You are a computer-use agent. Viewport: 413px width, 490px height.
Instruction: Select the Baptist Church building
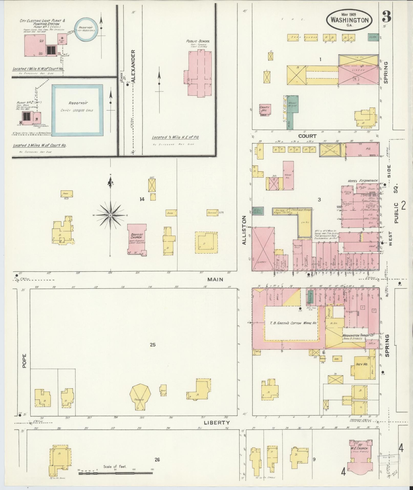click(x=137, y=239)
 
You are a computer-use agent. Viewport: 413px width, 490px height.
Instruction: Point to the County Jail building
click(x=265, y=110)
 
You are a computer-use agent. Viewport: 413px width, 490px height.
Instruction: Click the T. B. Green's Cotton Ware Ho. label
click(x=290, y=323)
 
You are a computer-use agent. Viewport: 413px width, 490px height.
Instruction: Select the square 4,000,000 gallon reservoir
click(x=78, y=110)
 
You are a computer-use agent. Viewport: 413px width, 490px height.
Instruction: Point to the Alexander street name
click(x=133, y=66)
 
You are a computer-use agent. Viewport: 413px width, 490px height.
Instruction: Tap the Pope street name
click(x=24, y=361)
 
